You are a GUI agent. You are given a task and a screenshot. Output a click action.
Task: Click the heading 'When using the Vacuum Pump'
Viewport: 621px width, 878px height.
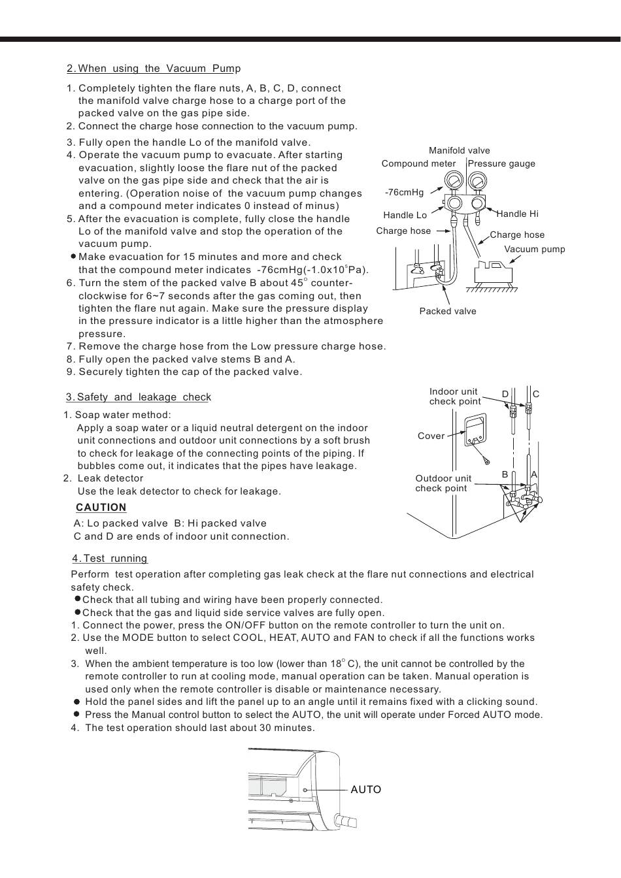(154, 69)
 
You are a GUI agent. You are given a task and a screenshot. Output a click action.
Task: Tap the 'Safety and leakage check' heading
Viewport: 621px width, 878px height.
(138, 397)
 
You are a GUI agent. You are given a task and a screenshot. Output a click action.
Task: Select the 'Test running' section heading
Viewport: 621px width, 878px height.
(110, 559)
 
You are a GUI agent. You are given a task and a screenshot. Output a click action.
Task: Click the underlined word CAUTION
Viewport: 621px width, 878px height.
(101, 508)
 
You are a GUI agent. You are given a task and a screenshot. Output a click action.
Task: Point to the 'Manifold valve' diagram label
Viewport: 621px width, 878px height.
(459, 151)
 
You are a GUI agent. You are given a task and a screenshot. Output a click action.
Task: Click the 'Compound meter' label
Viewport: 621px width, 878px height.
(418, 164)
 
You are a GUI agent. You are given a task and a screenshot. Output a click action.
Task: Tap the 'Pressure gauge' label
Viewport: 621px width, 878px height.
(501, 164)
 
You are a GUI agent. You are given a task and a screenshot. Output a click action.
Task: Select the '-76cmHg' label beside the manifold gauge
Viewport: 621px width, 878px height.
(404, 192)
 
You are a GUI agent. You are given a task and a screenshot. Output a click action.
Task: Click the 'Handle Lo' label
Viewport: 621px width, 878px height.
(405, 215)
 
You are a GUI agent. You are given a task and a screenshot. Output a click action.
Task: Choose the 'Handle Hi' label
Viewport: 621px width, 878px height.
(517, 214)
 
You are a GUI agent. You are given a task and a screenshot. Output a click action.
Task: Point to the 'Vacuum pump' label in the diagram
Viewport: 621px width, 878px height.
(534, 249)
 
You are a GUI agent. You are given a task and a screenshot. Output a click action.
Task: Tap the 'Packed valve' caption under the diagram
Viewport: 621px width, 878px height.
(448, 312)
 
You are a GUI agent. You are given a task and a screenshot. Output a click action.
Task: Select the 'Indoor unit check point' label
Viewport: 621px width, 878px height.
(454, 397)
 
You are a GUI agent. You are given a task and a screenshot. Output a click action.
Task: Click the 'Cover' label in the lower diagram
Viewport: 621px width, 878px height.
(431, 436)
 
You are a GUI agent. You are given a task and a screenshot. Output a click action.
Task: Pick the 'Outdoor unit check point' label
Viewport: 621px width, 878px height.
(443, 483)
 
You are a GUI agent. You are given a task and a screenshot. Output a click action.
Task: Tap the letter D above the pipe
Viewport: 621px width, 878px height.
(505, 394)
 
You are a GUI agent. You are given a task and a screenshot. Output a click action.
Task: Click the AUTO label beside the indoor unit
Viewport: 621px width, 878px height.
(365, 790)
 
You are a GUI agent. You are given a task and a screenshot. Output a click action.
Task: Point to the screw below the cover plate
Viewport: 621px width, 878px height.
(486, 461)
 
